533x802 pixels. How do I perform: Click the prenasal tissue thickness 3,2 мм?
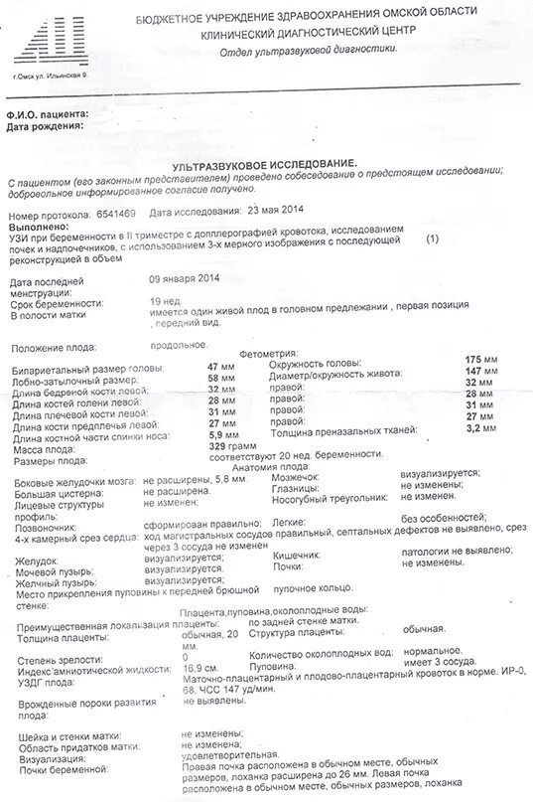(481, 428)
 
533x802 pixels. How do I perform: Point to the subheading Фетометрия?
(269, 353)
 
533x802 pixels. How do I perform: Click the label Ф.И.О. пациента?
(48, 115)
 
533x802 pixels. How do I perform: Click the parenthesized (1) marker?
(431, 240)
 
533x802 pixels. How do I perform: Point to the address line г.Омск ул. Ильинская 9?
(50, 76)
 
